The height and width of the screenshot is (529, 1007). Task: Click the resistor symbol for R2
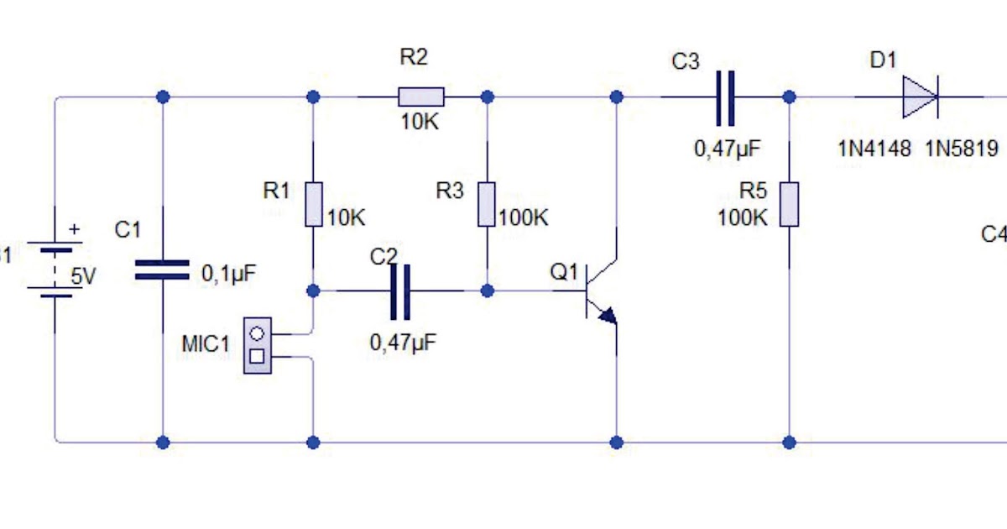(420, 97)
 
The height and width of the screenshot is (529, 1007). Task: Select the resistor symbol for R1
(313, 205)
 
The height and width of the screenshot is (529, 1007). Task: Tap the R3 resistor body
(487, 205)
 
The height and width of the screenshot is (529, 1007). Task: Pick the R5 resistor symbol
(789, 204)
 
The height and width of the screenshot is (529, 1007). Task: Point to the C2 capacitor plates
(401, 291)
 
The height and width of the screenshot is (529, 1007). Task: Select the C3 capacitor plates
(725, 97)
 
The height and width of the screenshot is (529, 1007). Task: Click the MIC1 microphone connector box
(258, 345)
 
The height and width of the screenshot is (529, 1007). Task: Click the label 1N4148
(874, 149)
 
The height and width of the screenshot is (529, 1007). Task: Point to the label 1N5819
(962, 149)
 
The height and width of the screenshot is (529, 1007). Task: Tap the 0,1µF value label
(228, 274)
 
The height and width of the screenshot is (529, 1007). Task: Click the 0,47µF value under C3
(727, 149)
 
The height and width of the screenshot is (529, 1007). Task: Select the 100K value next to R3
(524, 218)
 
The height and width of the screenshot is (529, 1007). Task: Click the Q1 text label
(564, 272)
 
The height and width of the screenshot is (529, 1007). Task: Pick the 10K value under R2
(419, 122)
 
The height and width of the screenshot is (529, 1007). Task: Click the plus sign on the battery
(75, 228)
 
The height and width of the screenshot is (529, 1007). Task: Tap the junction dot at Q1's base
(487, 291)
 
